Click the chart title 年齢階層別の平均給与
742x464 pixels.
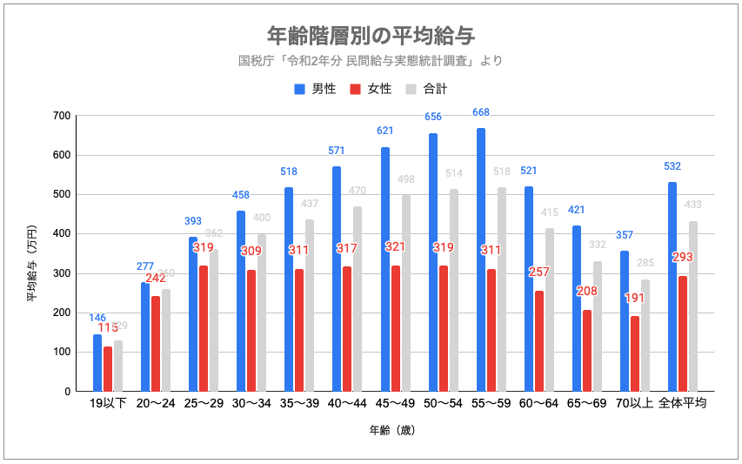point(371,35)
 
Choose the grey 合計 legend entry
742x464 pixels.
point(426,89)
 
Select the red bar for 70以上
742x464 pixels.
point(635,353)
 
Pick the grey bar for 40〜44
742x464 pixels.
point(358,299)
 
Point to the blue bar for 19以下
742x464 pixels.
point(97,362)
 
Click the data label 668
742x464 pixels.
point(481,112)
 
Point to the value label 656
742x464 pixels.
point(433,118)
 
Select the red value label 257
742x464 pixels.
point(539,272)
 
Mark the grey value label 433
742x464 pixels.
point(693,205)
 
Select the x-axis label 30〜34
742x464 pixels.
point(251,404)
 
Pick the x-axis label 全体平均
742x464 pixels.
point(682,404)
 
